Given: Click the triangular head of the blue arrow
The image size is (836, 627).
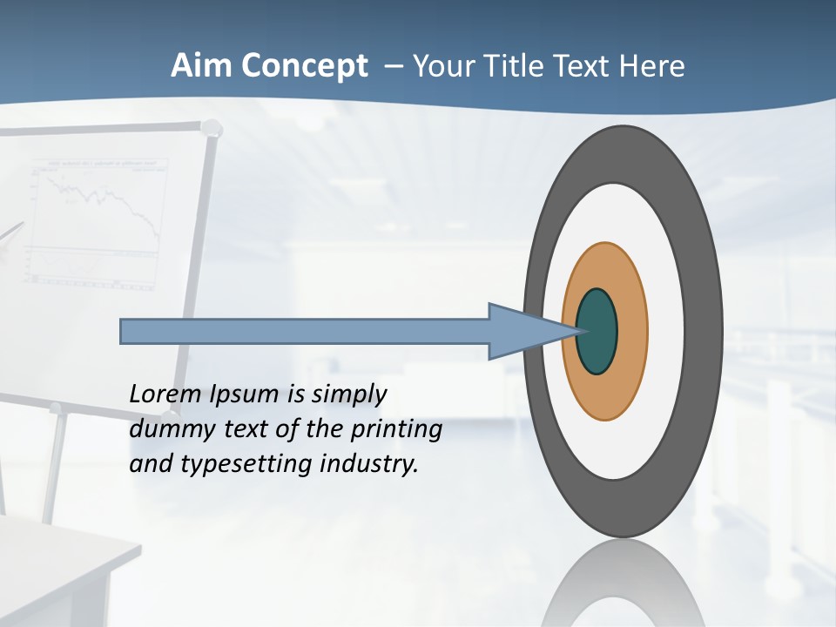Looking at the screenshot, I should (x=522, y=332).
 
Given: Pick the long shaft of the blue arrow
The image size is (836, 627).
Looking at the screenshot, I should (x=305, y=332).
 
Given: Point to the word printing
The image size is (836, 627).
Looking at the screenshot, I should (x=396, y=430).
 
